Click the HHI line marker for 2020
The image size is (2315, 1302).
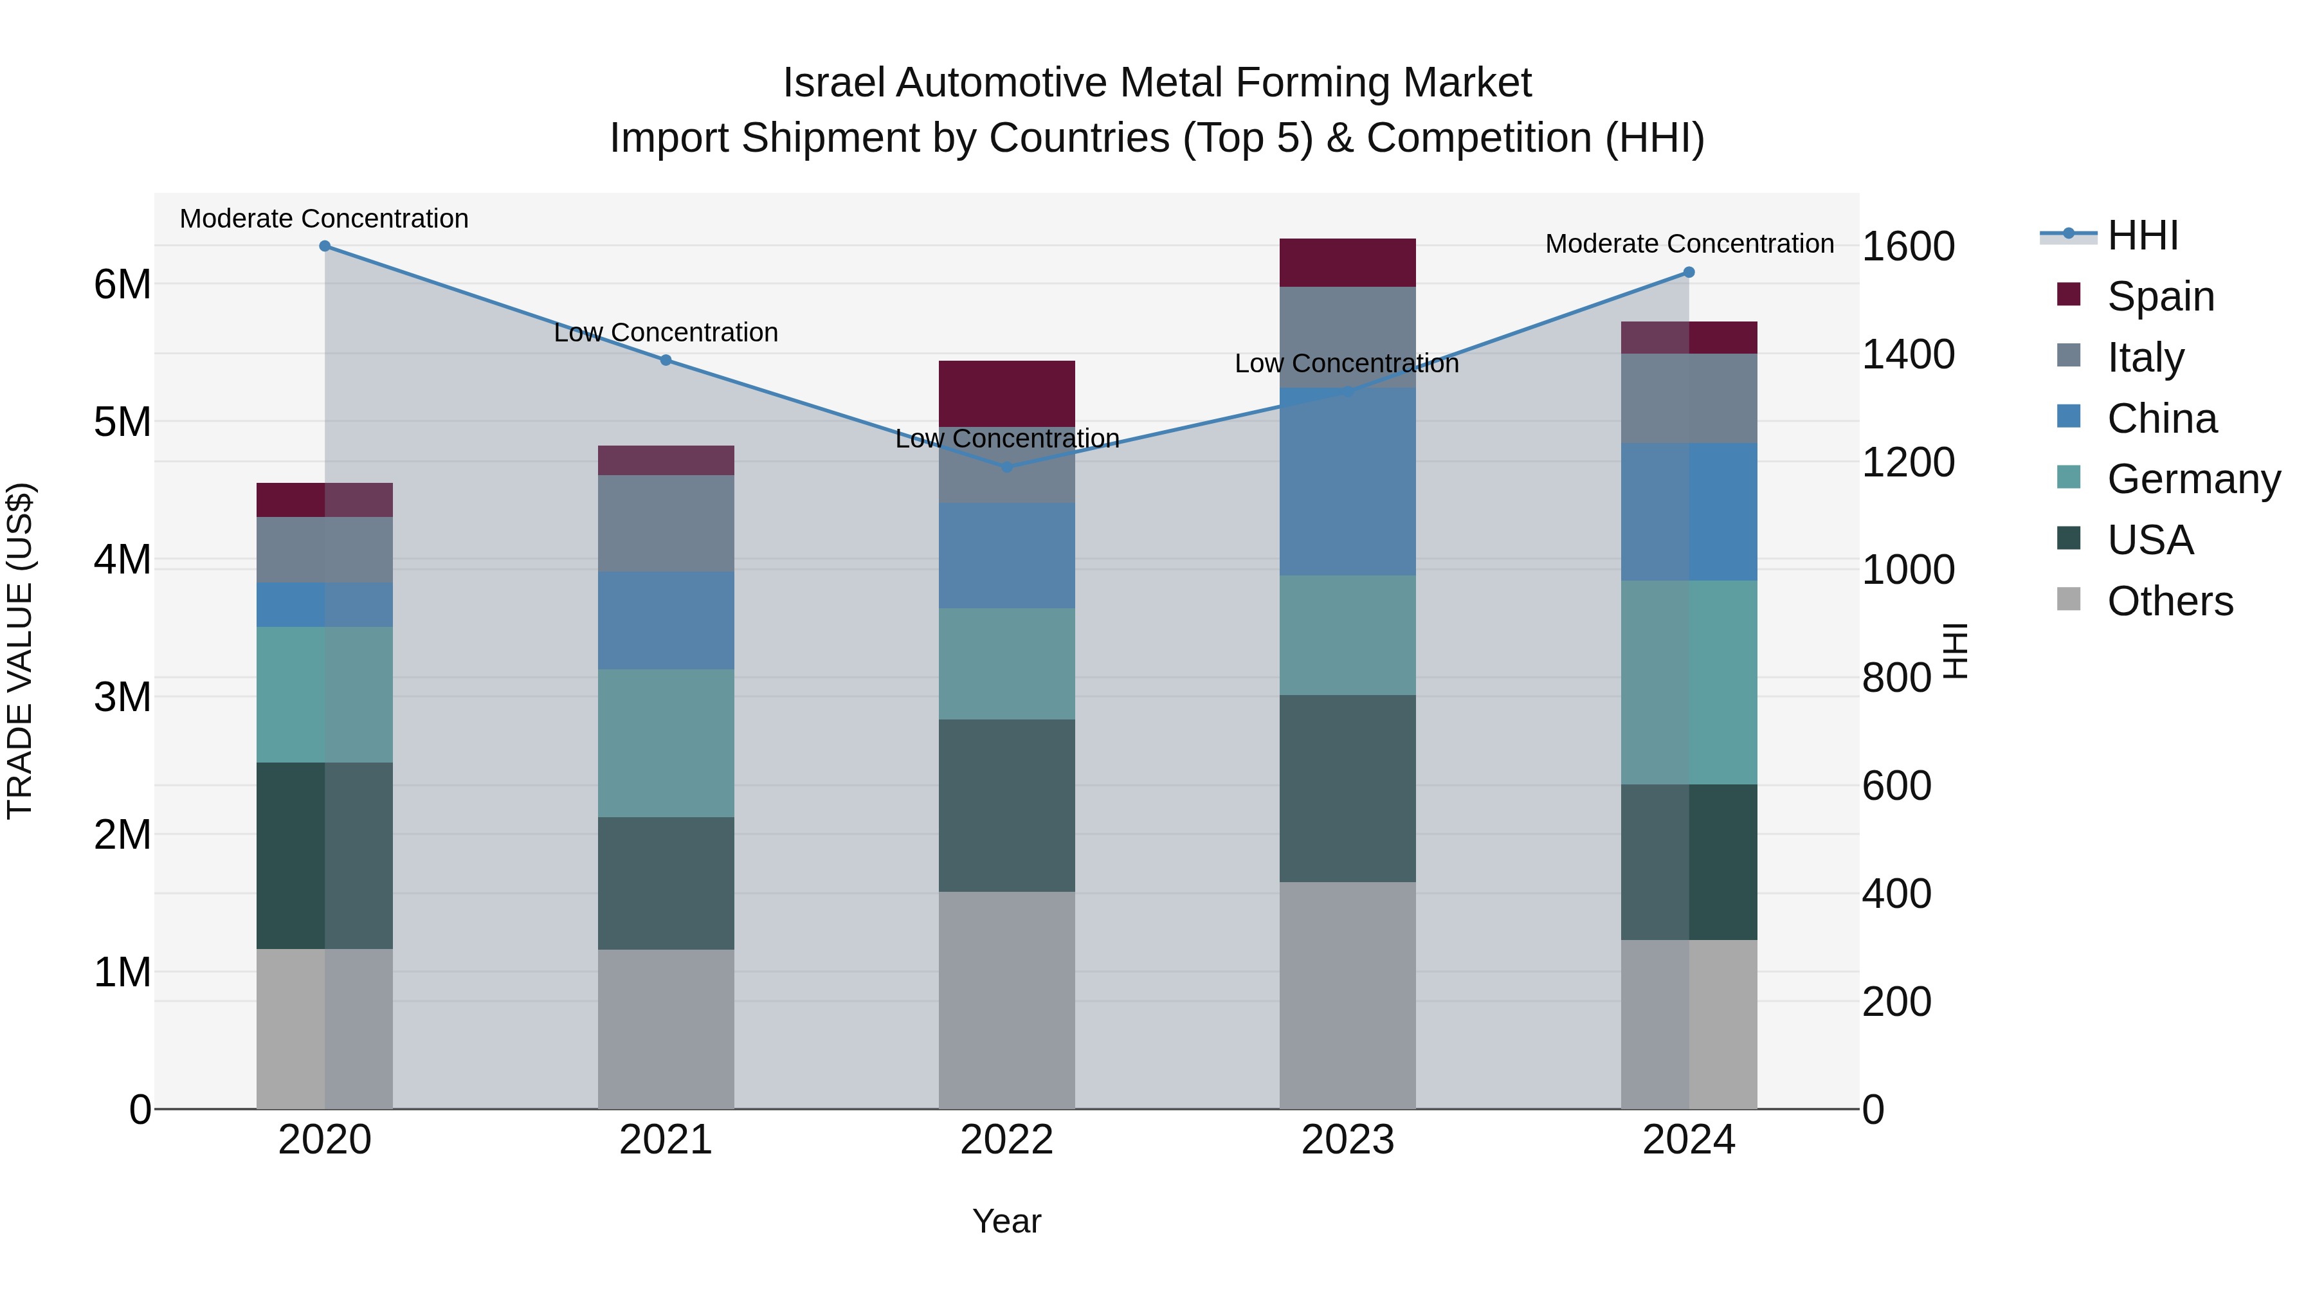click(325, 246)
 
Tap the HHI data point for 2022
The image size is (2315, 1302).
click(1006, 467)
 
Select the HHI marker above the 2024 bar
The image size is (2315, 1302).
click(1689, 272)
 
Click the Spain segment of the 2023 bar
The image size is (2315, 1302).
click(1347, 263)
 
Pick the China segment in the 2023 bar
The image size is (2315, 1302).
click(1347, 482)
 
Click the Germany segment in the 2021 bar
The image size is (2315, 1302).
click(666, 743)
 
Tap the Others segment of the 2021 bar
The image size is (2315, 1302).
click(666, 1029)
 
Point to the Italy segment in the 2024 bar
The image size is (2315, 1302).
click(1689, 398)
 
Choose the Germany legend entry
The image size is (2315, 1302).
click(2193, 479)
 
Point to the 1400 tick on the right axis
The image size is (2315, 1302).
click(1907, 354)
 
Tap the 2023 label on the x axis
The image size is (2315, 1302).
click(1347, 1140)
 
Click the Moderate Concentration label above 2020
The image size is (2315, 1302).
click(325, 219)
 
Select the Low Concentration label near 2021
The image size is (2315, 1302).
click(666, 332)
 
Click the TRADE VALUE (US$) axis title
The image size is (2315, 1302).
click(20, 651)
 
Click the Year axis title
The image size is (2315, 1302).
click(1006, 1221)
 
